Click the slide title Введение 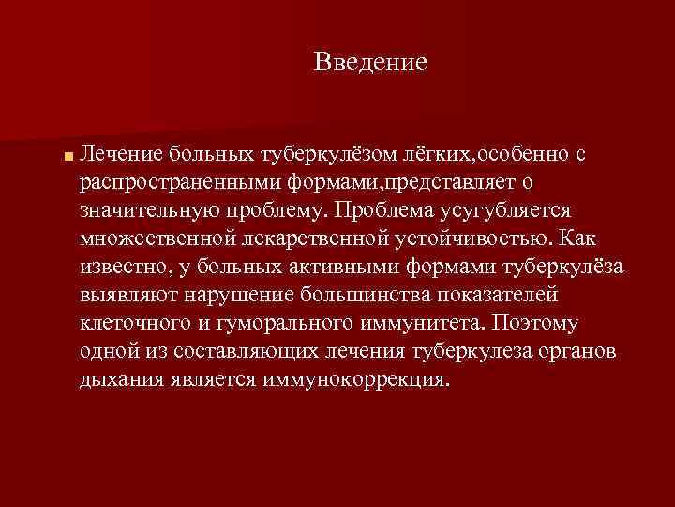pyautogui.click(x=371, y=63)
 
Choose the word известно pyautogui.click(x=126, y=268)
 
